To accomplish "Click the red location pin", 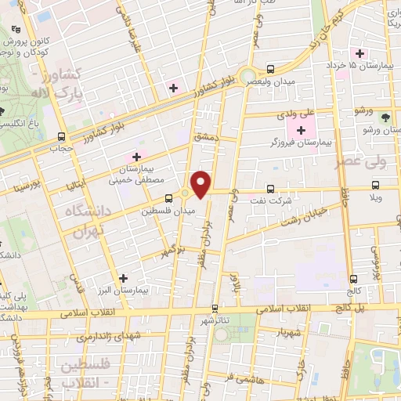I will (x=202, y=184).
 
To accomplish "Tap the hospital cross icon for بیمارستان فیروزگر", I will (x=302, y=128).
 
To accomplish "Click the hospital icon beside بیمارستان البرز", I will (x=123, y=277).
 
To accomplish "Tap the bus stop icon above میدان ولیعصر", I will (x=271, y=69).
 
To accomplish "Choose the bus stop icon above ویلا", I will (x=376, y=186).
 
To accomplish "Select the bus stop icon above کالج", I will (x=354, y=278).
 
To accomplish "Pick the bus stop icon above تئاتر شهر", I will (x=215, y=309).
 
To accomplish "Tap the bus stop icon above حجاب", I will (x=61, y=135).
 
